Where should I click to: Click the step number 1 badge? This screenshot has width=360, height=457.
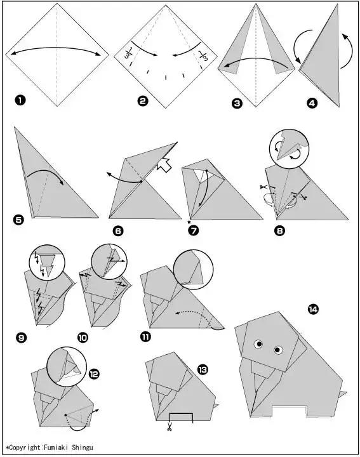click(20, 101)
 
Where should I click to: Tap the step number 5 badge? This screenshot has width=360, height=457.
click(18, 220)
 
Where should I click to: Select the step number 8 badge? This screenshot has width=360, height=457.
click(279, 231)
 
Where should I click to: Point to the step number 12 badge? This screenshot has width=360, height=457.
click(94, 374)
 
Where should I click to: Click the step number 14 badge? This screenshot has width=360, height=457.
click(313, 309)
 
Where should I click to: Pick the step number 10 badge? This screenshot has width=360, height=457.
click(83, 338)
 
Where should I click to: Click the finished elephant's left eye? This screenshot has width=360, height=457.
click(258, 344)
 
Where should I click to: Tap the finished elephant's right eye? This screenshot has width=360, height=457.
click(278, 350)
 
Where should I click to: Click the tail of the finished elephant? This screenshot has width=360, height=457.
click(343, 395)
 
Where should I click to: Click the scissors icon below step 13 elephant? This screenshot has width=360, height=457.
click(169, 427)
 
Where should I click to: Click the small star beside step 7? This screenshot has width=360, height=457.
click(189, 222)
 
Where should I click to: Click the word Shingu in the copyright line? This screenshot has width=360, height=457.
click(83, 447)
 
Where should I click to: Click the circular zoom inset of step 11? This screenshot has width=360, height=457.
click(193, 270)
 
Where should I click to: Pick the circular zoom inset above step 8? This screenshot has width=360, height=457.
click(289, 149)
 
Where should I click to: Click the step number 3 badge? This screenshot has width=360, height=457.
click(237, 103)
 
